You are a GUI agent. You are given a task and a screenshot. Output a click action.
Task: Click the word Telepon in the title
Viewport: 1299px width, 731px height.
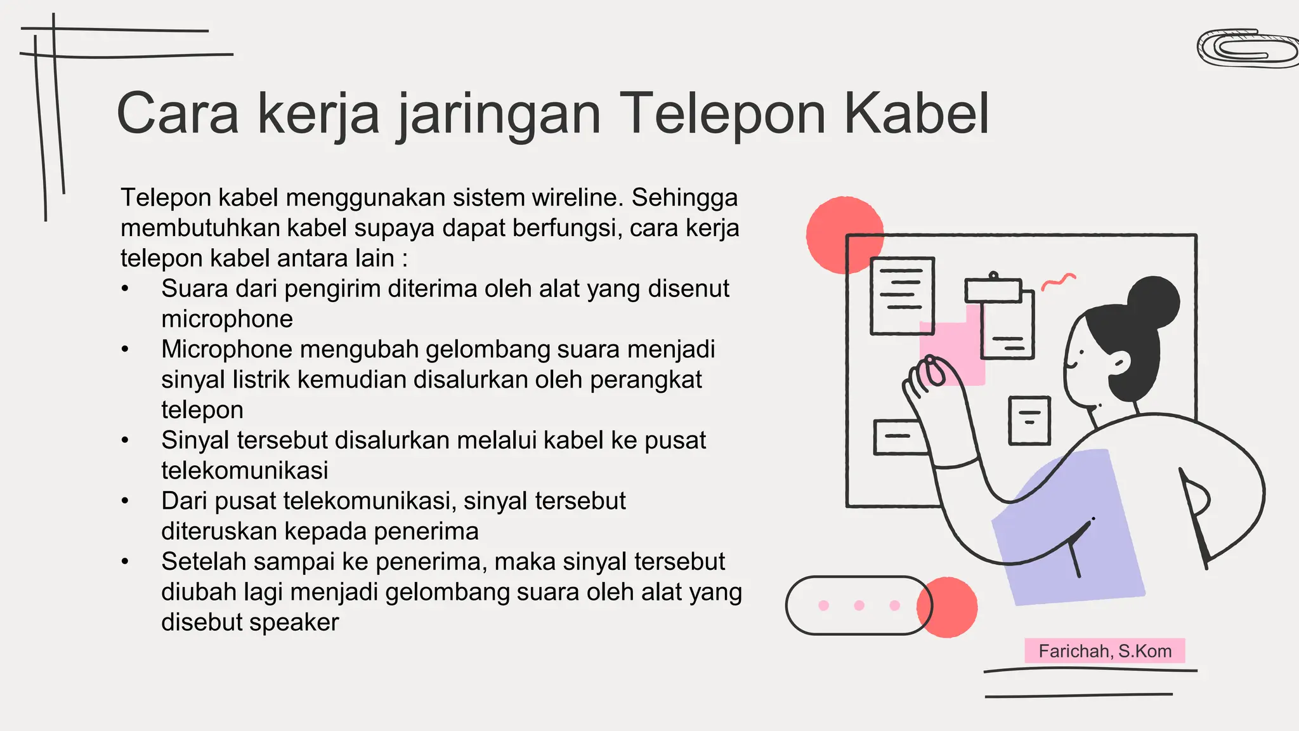(x=722, y=114)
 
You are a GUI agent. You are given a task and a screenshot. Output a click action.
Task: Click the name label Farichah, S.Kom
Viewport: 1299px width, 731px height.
(x=1104, y=651)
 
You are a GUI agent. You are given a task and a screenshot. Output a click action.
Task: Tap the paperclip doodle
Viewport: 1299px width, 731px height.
(x=1246, y=49)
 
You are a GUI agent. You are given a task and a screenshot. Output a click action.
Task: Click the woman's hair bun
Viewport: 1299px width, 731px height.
(x=1154, y=302)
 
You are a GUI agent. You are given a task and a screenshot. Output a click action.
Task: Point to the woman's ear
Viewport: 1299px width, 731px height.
(x=1120, y=364)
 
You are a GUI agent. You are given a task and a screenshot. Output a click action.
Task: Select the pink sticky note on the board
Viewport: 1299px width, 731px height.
(x=951, y=352)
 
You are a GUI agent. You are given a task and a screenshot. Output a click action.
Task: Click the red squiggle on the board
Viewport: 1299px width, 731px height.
(x=1058, y=281)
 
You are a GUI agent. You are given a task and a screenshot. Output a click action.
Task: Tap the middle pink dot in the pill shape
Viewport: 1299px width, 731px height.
(x=859, y=605)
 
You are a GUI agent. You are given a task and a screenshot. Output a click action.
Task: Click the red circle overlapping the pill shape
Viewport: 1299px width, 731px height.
(x=948, y=607)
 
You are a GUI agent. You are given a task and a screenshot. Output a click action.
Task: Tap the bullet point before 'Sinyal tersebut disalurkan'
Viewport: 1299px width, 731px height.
(x=126, y=440)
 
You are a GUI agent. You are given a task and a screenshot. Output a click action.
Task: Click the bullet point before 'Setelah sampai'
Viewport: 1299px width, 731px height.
(x=126, y=562)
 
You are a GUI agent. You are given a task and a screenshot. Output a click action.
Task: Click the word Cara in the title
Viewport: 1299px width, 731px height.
(x=178, y=114)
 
